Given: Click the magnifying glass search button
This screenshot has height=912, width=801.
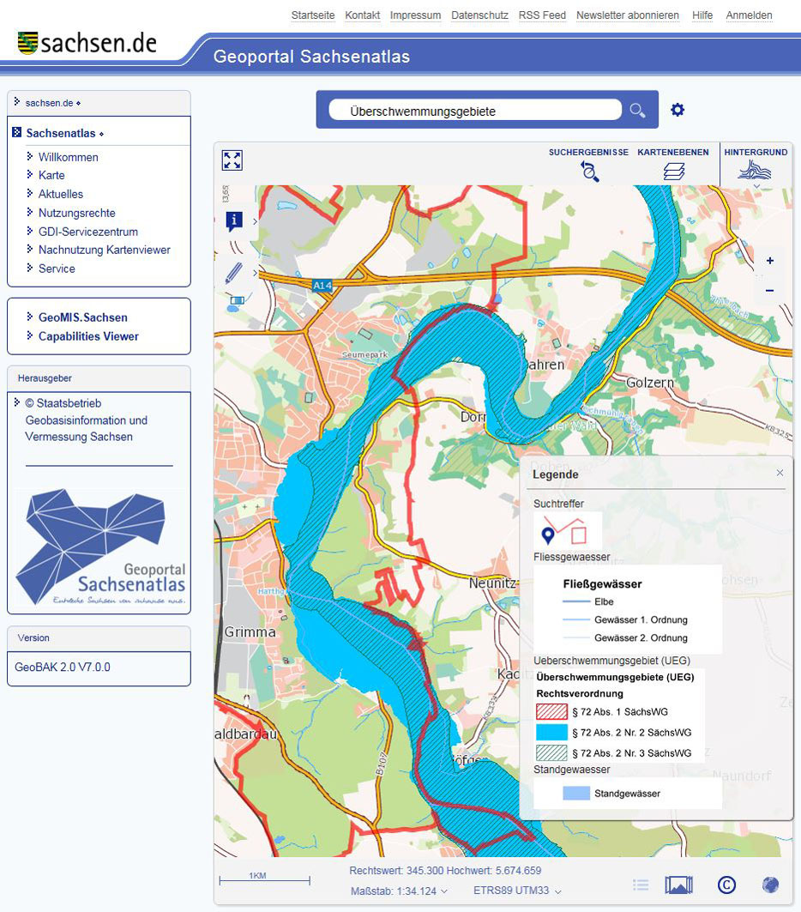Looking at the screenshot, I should [637, 110].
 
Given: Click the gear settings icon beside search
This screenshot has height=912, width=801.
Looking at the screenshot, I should [678, 110].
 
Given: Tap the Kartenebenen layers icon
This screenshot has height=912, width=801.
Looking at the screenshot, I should [673, 171].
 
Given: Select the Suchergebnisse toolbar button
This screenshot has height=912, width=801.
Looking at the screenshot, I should [589, 171].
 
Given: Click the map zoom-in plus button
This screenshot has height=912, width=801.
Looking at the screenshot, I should [769, 261].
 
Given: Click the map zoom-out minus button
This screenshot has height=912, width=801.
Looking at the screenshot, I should [769, 291].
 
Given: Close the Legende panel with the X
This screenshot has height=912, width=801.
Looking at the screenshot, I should [780, 473].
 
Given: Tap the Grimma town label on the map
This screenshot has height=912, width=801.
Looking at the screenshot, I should [250, 631].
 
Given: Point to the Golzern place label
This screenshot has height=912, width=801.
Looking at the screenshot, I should [651, 382].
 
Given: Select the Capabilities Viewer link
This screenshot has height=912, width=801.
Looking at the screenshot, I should [88, 336].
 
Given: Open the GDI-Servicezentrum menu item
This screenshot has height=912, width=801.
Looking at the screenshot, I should [87, 232].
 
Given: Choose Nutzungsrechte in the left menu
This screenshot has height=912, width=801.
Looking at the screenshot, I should [76, 213].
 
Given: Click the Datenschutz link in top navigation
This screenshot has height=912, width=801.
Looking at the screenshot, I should [479, 15].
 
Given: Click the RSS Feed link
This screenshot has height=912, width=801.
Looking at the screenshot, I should [542, 15].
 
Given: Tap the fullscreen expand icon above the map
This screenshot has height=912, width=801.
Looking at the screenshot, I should [232, 160].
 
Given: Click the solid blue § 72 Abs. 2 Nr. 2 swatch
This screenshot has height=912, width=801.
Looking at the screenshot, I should [551, 732].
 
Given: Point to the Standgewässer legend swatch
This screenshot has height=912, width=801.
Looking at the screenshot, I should [575, 794].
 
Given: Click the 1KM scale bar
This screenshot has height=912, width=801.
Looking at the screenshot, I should [264, 878].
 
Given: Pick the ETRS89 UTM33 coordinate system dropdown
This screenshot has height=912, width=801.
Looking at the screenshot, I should [517, 891].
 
